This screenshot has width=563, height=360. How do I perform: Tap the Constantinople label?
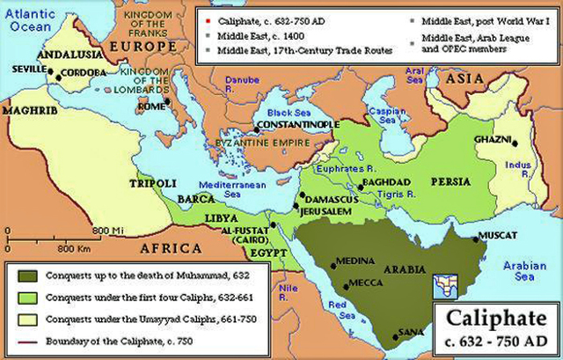coord(297,125)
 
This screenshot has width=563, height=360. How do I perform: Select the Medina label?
coord(358,262)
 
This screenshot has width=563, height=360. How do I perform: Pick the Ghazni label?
coord(492,139)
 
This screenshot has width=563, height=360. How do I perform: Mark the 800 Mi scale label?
coord(102,230)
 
